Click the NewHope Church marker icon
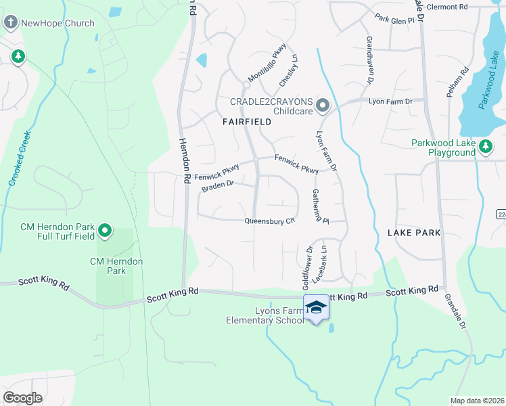click(11, 23)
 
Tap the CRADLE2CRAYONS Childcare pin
click(323, 105)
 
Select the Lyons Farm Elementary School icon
click(315, 309)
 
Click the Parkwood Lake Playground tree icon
click(485, 145)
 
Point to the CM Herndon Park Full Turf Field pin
click(105, 232)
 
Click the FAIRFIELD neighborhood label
click(247, 122)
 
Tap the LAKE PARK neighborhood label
click(415, 232)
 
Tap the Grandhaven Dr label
click(370, 60)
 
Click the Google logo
click(23, 397)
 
